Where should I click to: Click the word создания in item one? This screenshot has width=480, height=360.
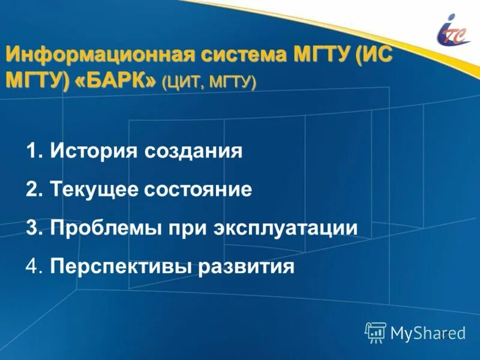pos(193,151)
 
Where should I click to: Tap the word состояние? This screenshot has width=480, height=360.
pos(198,190)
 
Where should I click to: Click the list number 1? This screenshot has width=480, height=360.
pos(32,151)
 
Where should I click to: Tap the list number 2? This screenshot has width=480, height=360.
pos(32,190)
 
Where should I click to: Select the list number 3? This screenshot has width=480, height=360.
pos(32,228)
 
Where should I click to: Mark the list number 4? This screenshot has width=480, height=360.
pos(32,266)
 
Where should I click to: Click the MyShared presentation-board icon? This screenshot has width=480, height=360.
pos(375,332)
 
